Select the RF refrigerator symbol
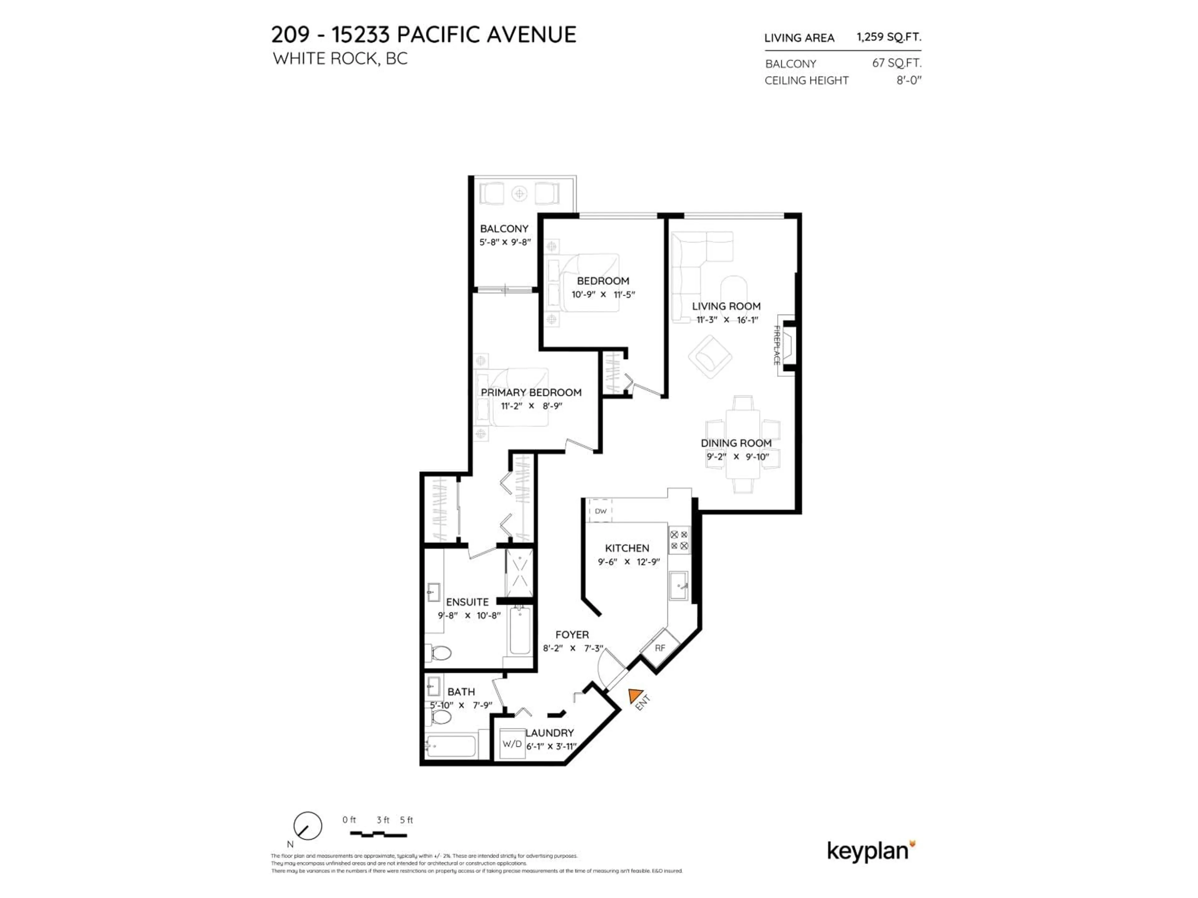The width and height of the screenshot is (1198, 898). pos(660,648)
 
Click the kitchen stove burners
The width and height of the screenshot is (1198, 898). pos(679,540)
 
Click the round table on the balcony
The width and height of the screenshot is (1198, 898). pos(519,193)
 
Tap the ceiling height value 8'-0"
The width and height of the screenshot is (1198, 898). pos(908,80)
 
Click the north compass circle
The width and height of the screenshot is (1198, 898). pos(308,826)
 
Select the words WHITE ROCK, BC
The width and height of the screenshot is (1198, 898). pos(340,58)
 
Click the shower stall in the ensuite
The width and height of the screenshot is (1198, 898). pos(519,573)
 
